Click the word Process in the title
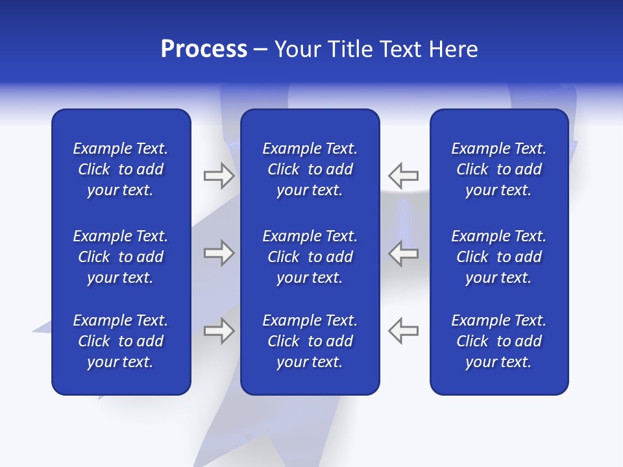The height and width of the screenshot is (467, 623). tap(204, 49)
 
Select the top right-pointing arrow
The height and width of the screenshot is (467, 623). tap(219, 175)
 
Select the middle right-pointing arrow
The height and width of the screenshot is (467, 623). tap(219, 253)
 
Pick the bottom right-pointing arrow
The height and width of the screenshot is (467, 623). tap(219, 331)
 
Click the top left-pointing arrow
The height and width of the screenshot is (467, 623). tap(403, 175)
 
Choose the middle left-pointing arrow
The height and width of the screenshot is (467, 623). tap(403, 253)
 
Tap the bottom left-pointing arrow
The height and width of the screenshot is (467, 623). tap(403, 331)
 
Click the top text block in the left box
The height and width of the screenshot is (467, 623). tap(121, 169)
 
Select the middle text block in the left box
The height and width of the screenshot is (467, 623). tap(121, 257)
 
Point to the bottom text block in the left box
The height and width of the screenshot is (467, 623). tap(121, 341)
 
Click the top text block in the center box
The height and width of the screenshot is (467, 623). tap(310, 169)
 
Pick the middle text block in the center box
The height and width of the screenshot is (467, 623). tap(310, 257)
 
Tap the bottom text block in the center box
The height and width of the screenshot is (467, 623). tap(310, 341)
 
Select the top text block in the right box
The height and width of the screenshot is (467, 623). tap(498, 169)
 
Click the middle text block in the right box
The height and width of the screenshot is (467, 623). tap(498, 257)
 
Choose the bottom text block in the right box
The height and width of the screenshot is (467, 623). tap(498, 341)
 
